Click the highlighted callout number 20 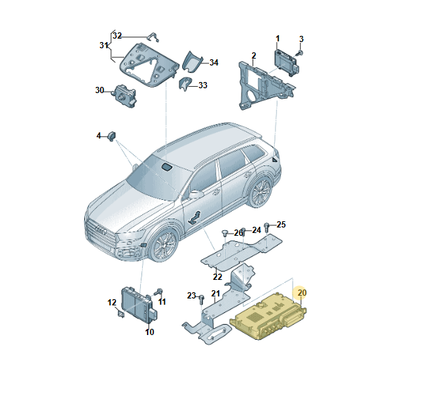coord(302,292)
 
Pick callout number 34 coord(214,63)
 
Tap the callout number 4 coord(99,134)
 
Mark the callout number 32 coord(117,35)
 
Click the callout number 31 coord(103,45)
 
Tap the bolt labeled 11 coord(158,292)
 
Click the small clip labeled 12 coord(122,314)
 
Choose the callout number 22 coord(217,277)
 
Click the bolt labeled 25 coord(269,226)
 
